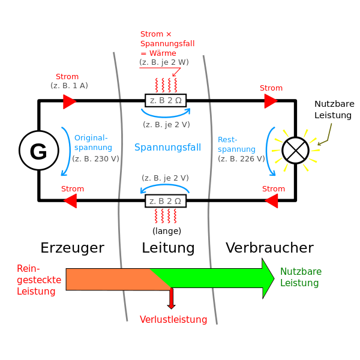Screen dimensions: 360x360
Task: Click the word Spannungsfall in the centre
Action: [167, 147]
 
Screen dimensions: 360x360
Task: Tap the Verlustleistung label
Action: [173, 319]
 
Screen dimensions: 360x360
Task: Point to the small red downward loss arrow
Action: [171, 299]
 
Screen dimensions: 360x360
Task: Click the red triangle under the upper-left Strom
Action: [69, 101]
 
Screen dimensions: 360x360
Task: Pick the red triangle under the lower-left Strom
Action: [71, 202]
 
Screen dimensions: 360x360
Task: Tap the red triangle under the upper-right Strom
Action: [270, 101]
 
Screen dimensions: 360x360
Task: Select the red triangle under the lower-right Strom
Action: [272, 202]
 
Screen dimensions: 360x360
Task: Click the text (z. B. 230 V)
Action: [96, 159]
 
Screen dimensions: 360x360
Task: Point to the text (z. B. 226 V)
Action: [241, 159]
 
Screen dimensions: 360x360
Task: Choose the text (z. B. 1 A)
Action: [69, 86]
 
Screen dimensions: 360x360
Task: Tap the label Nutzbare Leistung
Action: [301, 277]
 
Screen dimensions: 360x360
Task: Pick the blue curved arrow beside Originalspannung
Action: [65, 150]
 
